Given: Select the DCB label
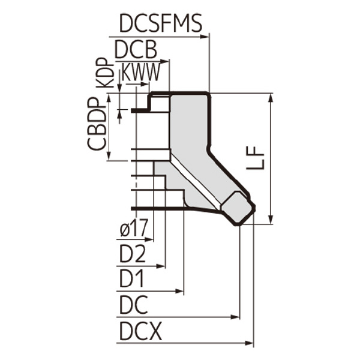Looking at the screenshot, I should click(x=136, y=49).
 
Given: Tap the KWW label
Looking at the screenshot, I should click(x=140, y=73).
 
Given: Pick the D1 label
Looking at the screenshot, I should click(x=133, y=279).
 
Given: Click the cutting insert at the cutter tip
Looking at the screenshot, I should click(x=238, y=207).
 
